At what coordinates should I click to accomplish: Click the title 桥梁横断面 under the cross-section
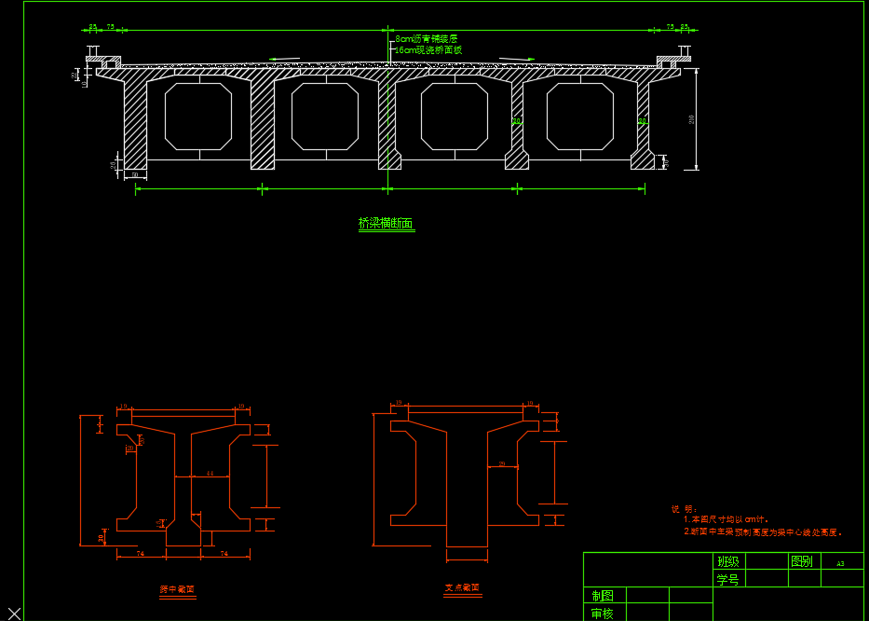click(x=386, y=224)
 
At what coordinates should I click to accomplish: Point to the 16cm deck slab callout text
click(x=428, y=49)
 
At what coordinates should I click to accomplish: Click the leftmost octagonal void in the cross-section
click(x=198, y=116)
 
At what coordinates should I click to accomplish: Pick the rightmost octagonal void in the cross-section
click(x=579, y=116)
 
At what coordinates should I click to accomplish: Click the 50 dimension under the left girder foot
click(x=134, y=174)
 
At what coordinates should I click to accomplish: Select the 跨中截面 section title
click(x=177, y=589)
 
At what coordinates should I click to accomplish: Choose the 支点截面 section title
click(x=462, y=587)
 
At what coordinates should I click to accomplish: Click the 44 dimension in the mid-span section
click(x=210, y=474)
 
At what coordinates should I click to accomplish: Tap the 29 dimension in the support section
click(x=502, y=463)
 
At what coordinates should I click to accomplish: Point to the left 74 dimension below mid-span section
click(x=141, y=554)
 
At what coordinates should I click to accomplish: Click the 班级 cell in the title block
click(x=727, y=561)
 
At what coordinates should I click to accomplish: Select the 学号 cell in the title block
click(x=727, y=579)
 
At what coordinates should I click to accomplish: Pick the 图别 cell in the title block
click(x=801, y=561)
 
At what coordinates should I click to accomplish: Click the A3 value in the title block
click(x=840, y=563)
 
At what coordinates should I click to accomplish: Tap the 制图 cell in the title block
click(x=603, y=596)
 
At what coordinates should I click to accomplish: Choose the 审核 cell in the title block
click(x=603, y=614)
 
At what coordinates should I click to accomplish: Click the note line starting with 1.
click(x=726, y=519)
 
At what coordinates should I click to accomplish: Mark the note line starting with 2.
click(x=763, y=532)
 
